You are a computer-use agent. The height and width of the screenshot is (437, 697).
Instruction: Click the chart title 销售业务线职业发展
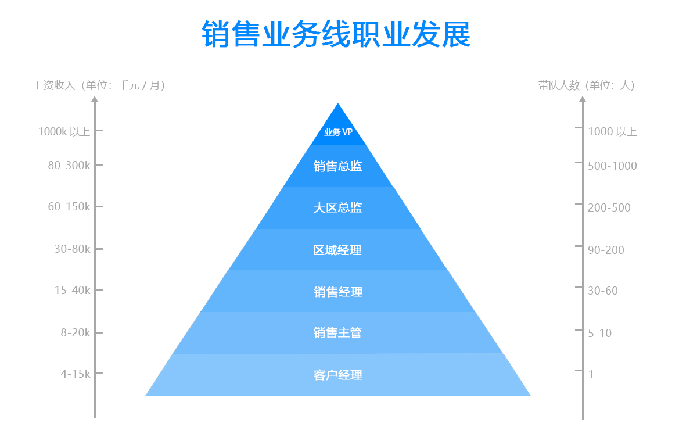336,34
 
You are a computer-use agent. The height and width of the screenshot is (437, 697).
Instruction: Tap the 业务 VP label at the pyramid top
338,132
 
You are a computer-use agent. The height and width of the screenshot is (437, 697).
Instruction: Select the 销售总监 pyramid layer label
337,166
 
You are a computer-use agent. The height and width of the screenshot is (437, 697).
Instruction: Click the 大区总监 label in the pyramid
337,207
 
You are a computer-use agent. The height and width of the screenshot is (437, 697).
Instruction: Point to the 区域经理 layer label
337,250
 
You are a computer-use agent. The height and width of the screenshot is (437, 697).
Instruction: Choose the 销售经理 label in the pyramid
338,292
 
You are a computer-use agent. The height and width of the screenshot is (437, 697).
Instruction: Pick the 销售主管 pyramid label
337,333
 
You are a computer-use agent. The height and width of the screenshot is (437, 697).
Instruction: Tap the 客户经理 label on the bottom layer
338,375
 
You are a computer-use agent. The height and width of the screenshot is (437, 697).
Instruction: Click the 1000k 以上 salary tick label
64,131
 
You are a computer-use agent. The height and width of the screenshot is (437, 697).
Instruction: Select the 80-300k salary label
69,165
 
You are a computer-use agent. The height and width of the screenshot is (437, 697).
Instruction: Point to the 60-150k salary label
69,207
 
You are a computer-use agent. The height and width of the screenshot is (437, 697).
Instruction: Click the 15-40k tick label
73,291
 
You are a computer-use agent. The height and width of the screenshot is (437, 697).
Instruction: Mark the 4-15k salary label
76,374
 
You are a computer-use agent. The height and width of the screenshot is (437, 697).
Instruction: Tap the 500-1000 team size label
612,166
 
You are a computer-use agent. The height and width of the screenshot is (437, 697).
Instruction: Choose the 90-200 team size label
606,250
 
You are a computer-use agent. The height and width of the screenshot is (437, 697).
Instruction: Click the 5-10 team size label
599,334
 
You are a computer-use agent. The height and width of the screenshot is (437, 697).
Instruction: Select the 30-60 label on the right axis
603,291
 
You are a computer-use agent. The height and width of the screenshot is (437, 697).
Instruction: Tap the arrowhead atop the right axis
583,99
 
